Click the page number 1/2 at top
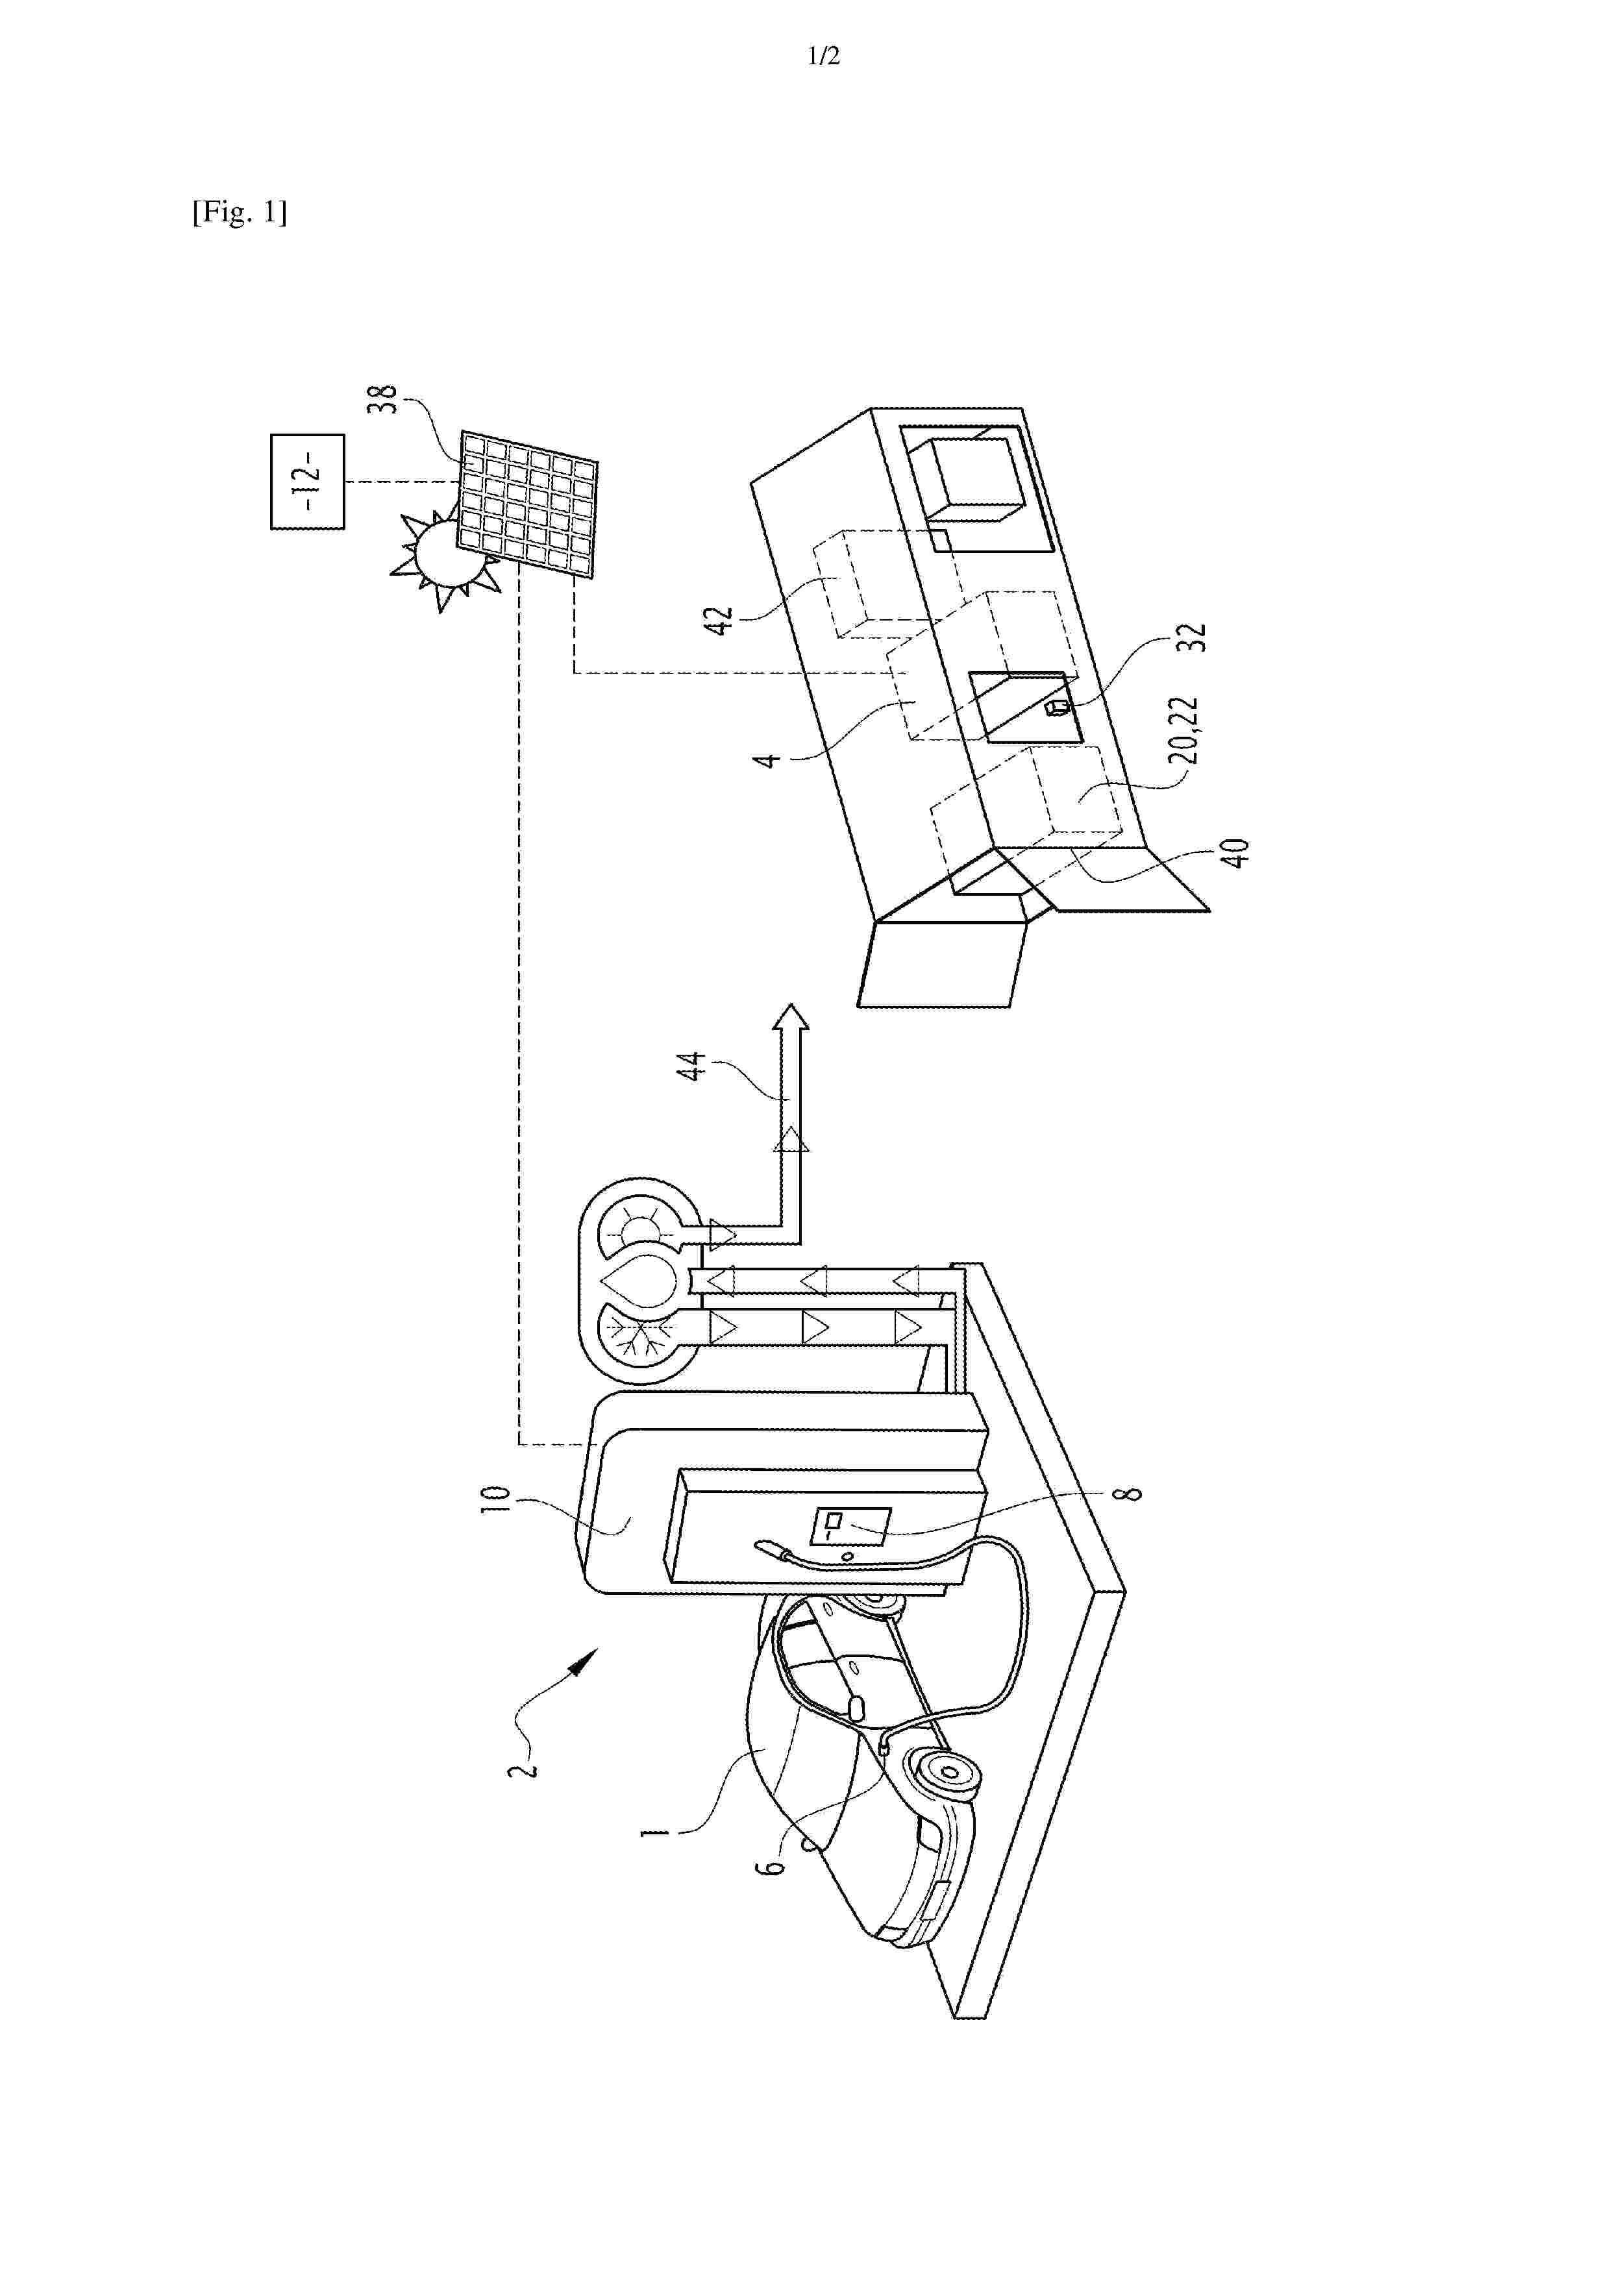[x=823, y=56]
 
